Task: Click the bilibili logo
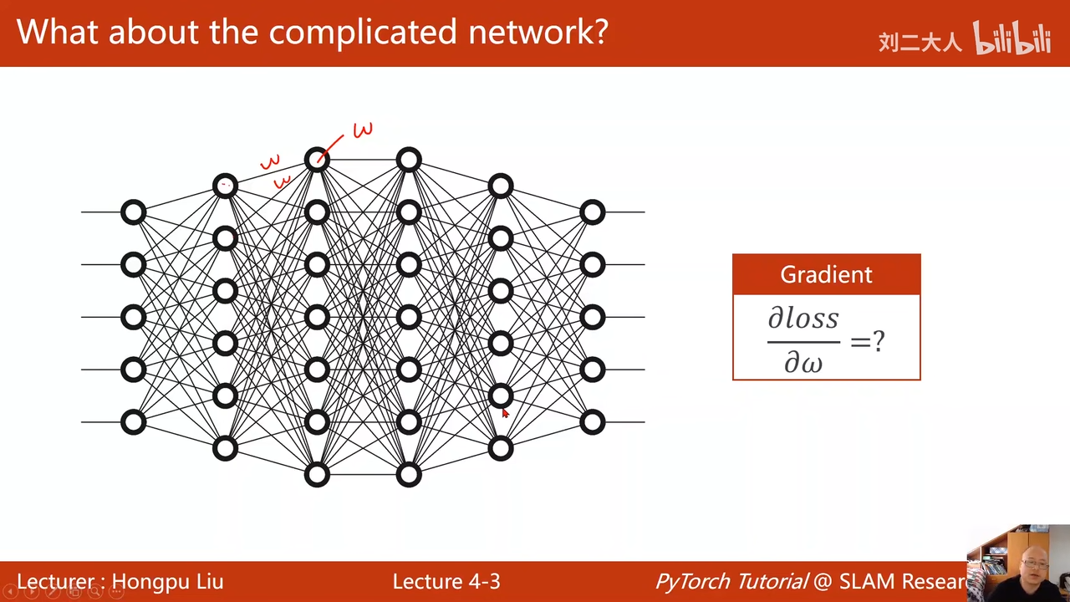tap(1011, 39)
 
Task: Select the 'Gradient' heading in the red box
tap(826, 274)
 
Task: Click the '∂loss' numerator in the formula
tap(802, 319)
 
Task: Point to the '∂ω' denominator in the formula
tap(802, 362)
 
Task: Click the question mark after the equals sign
tap(879, 341)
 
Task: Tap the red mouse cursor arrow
tap(505, 413)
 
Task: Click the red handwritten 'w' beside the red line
tap(363, 130)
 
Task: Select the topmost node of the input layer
tap(134, 212)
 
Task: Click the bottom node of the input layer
tap(134, 422)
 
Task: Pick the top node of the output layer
tap(592, 212)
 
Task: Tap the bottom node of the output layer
tap(592, 422)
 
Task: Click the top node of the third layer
tap(317, 160)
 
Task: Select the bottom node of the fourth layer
tap(409, 475)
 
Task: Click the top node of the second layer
tap(225, 186)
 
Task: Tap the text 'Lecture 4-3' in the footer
tap(446, 582)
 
